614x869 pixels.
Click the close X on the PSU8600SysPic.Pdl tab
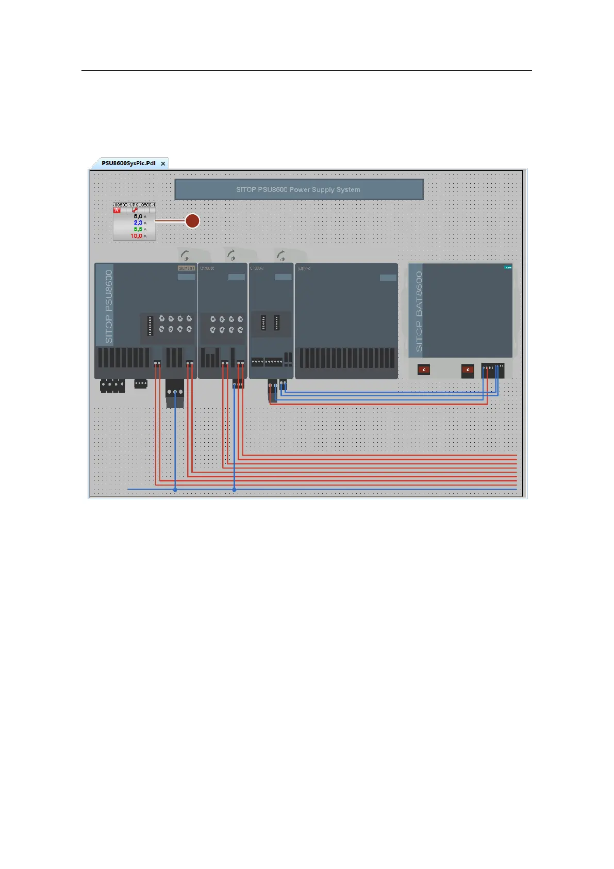(x=163, y=164)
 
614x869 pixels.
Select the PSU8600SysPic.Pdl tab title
(x=128, y=163)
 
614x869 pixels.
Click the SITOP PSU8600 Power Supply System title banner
(x=298, y=189)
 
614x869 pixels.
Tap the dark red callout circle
(x=192, y=221)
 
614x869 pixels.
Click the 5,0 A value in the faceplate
(x=138, y=217)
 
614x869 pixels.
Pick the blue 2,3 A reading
(x=138, y=223)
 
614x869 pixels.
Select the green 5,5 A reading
(x=138, y=229)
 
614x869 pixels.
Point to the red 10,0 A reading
(x=137, y=236)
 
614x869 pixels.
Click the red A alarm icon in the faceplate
(x=117, y=210)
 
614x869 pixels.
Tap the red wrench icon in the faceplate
(x=135, y=210)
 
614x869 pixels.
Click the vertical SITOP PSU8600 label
(x=109, y=307)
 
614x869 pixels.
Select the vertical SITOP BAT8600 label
(x=419, y=311)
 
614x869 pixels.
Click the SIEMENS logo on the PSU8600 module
(x=186, y=268)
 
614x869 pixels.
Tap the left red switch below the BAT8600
(x=424, y=370)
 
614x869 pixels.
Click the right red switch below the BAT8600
(x=467, y=370)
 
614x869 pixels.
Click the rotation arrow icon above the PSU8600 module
(x=185, y=255)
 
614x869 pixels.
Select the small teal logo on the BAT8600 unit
(x=507, y=267)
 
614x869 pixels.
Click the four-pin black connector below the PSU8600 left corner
(x=112, y=385)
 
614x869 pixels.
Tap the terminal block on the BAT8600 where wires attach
(x=492, y=369)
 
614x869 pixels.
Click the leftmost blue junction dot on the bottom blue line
(x=175, y=489)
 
